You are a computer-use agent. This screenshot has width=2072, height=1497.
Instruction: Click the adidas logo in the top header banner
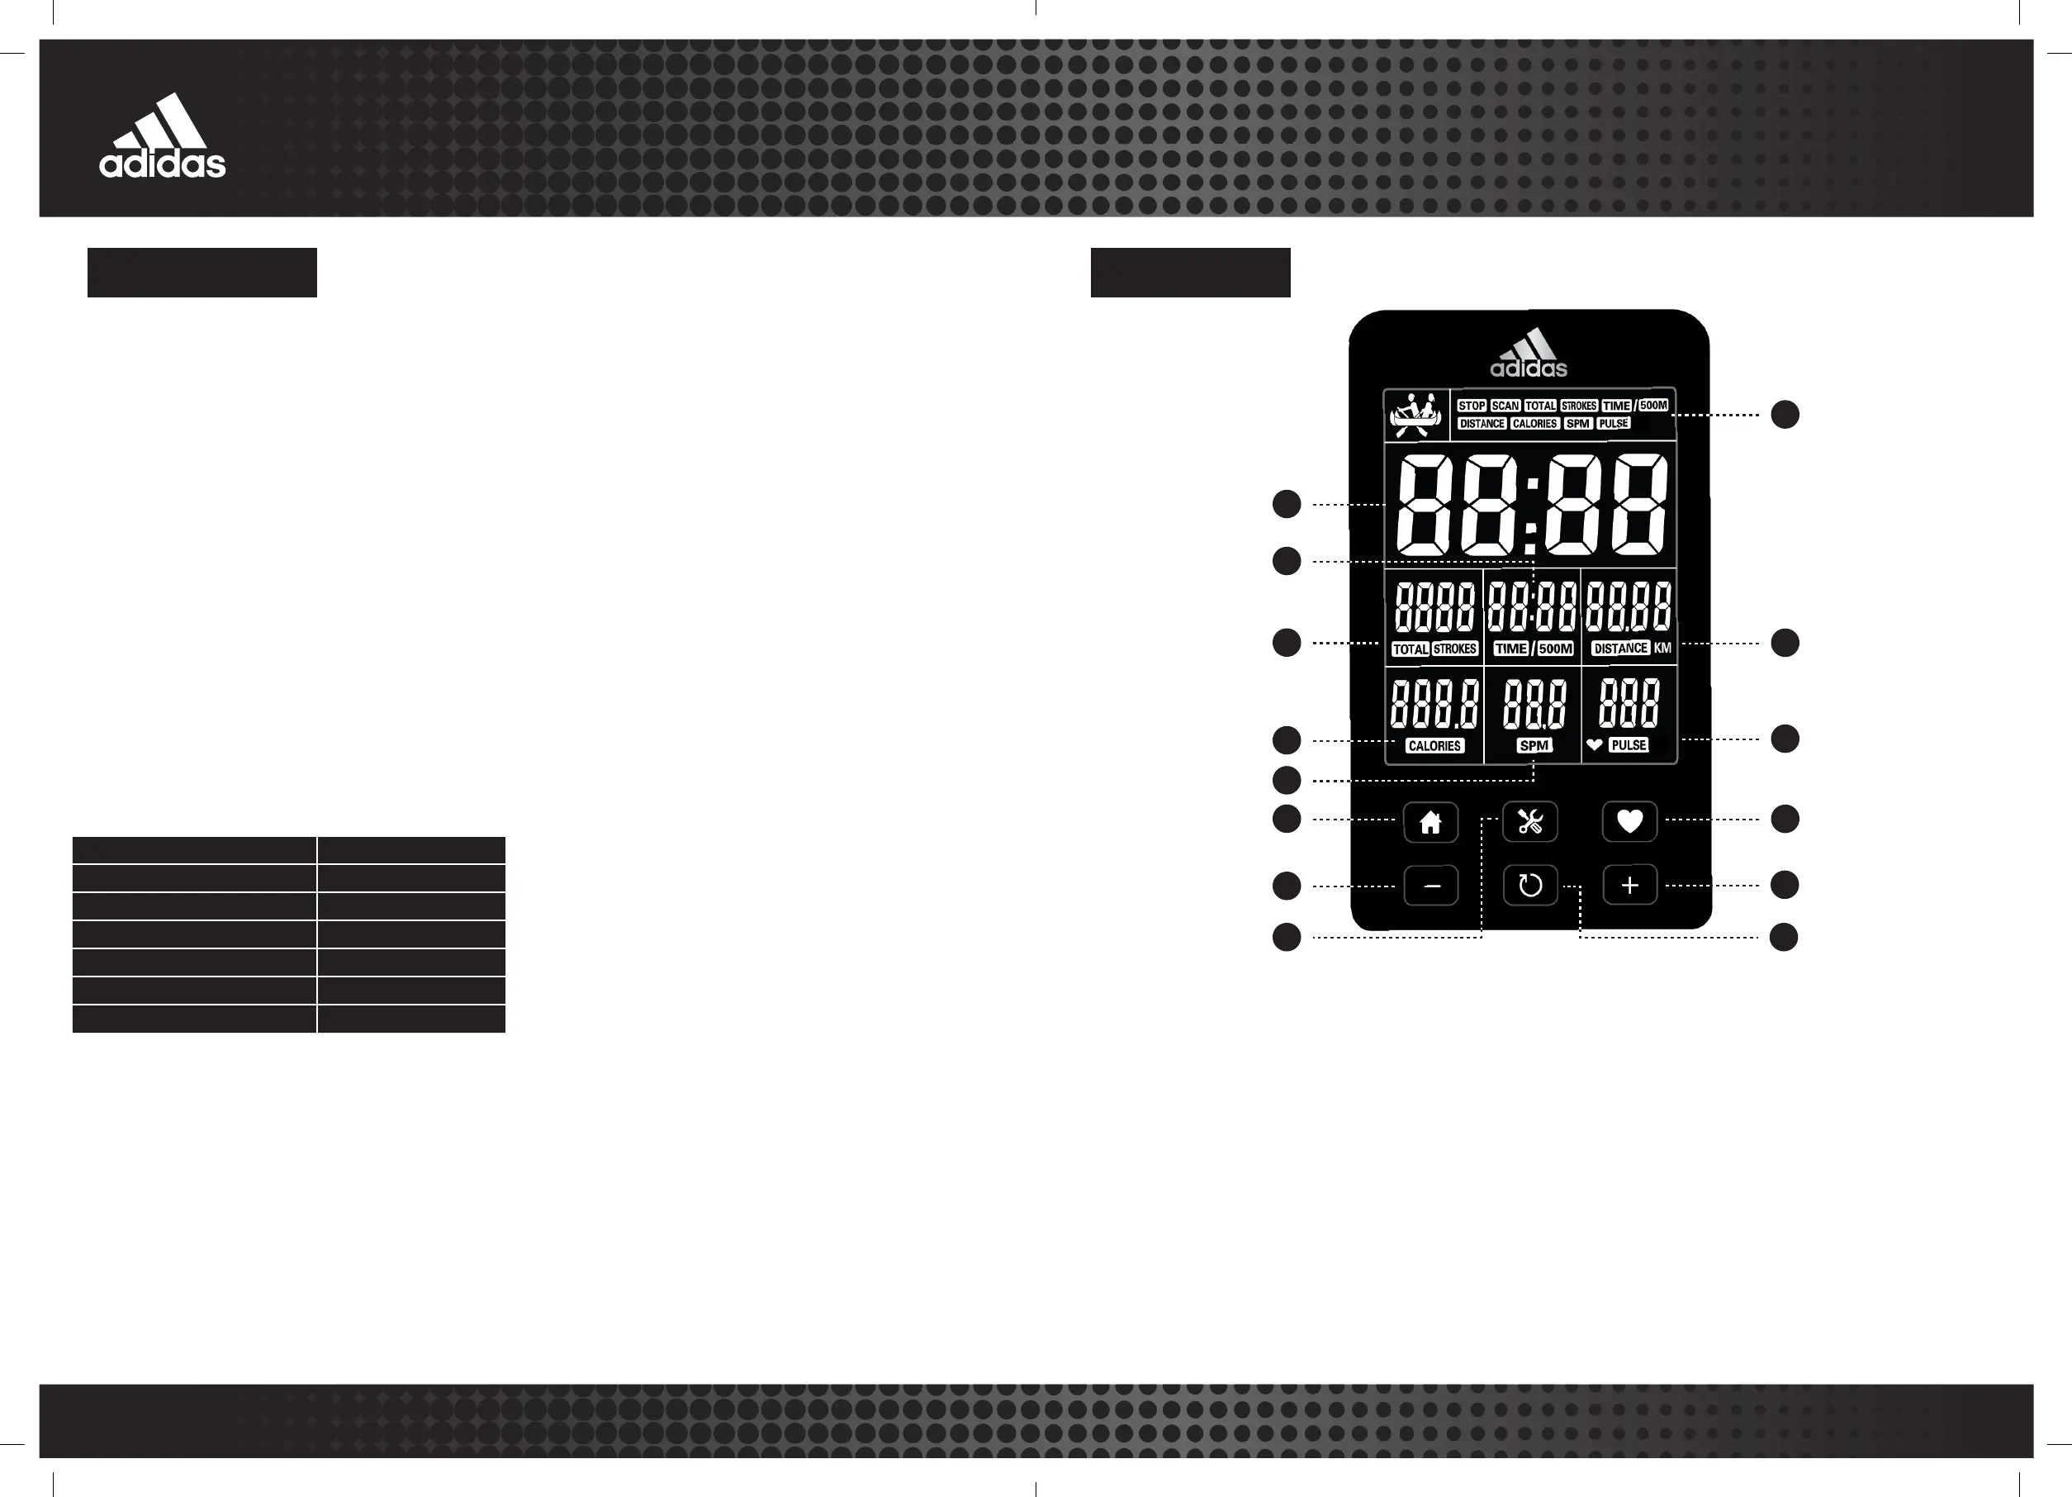pos(163,136)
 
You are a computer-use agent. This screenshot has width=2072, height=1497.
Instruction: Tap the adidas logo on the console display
pos(1529,354)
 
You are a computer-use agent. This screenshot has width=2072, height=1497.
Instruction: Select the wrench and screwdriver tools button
pos(1530,821)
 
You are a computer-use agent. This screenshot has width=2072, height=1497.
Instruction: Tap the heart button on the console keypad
pos(1630,821)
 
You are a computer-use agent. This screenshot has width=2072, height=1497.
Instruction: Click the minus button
pos(1430,886)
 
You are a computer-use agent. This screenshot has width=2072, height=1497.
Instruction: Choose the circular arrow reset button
pos(1530,886)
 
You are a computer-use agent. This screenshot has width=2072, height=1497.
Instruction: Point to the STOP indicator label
pos(1471,406)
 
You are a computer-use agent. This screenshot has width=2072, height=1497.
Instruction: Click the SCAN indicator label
pos(1505,406)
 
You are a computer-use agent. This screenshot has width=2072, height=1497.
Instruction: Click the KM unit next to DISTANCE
pos(1662,648)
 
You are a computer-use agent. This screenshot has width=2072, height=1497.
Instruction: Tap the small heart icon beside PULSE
pos(1594,745)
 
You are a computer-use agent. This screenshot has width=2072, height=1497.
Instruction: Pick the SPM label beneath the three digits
pos(1534,746)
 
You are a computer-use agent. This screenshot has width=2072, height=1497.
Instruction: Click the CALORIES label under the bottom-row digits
pos(1434,746)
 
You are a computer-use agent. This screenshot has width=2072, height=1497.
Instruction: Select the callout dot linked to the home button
pos(1287,819)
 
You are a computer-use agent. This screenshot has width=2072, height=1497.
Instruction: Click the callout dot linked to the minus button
pos(1287,886)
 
